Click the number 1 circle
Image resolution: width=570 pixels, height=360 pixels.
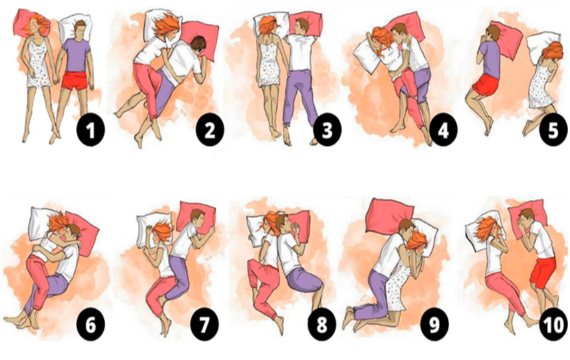coord(90,130)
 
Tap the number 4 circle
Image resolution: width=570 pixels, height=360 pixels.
coord(443,130)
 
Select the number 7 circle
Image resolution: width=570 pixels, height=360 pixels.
coord(204,325)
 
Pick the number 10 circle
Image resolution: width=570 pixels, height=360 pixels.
coord(553,325)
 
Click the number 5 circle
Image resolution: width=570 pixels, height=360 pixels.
coord(553,130)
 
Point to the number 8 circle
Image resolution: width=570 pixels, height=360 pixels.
coord(322,325)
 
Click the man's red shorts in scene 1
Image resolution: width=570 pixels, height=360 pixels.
coord(75,81)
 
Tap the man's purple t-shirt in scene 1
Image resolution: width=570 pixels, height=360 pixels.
coord(76,56)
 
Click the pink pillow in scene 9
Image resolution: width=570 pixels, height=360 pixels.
coord(389,215)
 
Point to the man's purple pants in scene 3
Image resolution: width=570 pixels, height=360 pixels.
coord(300,96)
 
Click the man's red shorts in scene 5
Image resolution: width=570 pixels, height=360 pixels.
coord(486,86)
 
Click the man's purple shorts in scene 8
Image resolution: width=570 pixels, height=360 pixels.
coord(305,280)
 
